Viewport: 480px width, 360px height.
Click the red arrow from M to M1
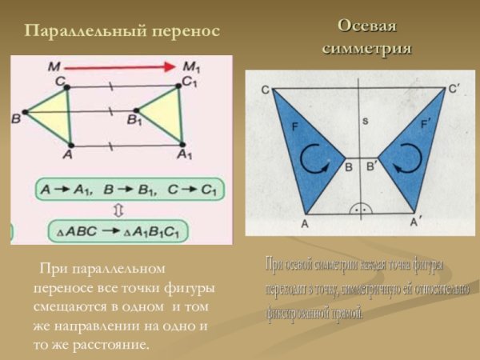(121, 68)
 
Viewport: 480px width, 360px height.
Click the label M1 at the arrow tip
(192, 65)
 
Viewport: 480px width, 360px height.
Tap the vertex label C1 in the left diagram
(189, 80)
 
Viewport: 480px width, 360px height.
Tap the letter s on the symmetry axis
(364, 122)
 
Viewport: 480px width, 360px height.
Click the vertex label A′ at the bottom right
(416, 224)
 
